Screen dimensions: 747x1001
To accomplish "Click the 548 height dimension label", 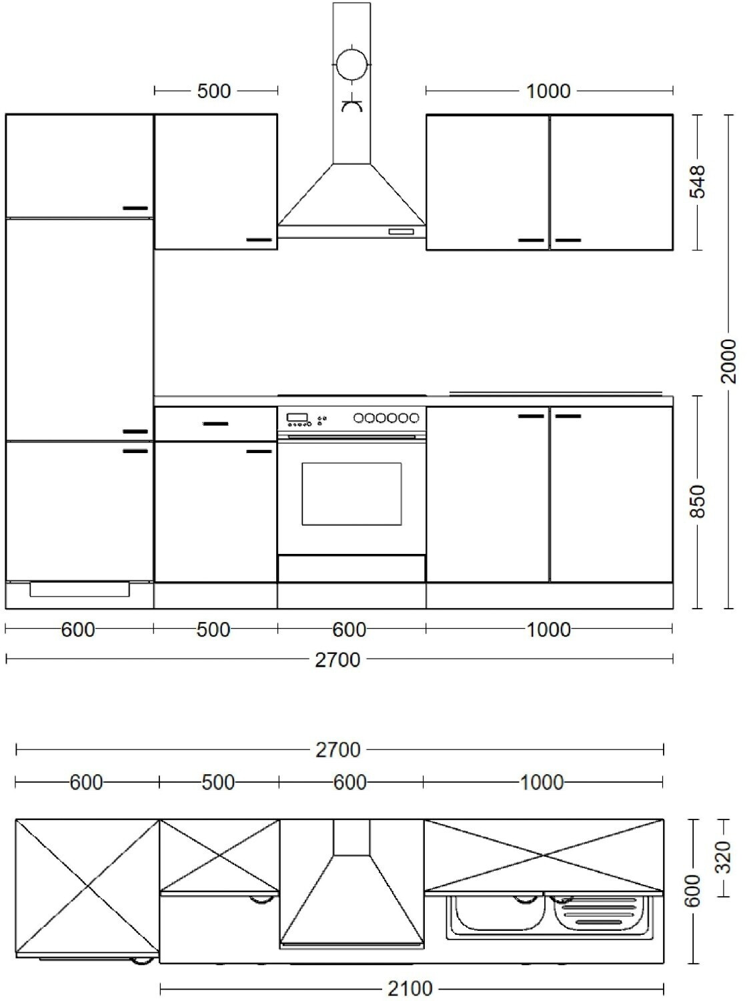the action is coord(698,182).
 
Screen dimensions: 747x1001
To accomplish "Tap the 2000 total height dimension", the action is coord(728,361).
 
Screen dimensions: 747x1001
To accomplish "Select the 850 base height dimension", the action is coord(698,502).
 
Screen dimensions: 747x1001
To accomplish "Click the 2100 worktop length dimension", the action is coord(410,988).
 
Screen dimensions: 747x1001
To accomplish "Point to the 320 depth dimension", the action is coord(722,857).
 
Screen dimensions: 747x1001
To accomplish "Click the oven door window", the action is coord(351,493).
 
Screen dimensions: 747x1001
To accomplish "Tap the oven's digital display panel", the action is coord(297,417).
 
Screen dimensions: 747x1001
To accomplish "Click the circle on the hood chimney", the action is coord(351,65).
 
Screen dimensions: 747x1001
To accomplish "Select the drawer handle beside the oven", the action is coord(215,424).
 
